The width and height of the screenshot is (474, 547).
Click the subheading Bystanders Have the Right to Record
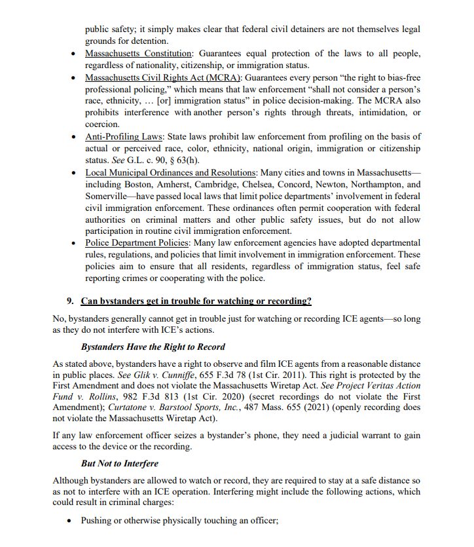(x=153, y=347)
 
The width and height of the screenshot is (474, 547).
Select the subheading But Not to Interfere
(x=120, y=463)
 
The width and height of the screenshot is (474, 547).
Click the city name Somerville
(x=109, y=196)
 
